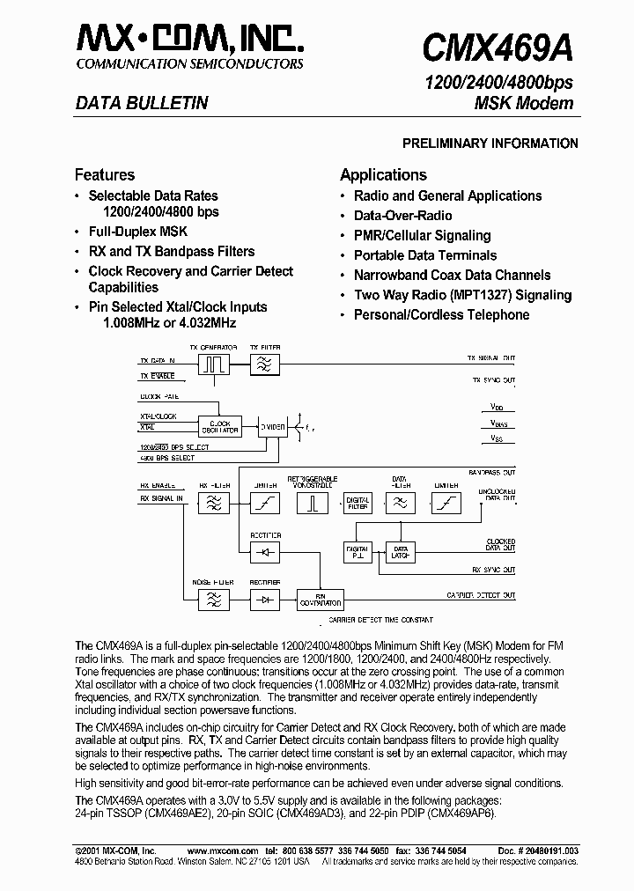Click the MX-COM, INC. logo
click(x=190, y=40)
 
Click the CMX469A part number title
click(x=498, y=45)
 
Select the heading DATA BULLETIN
click(x=142, y=103)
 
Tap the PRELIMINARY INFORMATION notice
click(x=490, y=144)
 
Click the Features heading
click(x=105, y=174)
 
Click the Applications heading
click(x=383, y=174)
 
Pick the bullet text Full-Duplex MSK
click(x=137, y=232)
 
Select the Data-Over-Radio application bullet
click(x=402, y=216)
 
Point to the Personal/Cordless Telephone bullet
click(x=441, y=314)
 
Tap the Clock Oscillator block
click(x=219, y=427)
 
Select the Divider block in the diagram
click(x=272, y=427)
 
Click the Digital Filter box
click(x=357, y=503)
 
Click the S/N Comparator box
click(x=319, y=600)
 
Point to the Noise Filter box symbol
click(x=214, y=600)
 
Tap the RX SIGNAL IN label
click(x=161, y=498)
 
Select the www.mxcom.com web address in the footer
click(x=223, y=850)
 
